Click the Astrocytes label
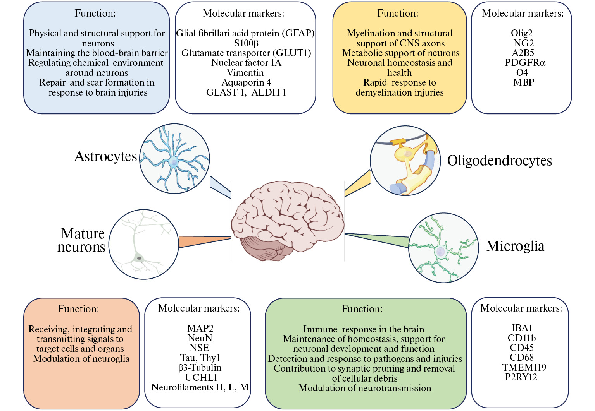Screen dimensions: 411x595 pos(105,156)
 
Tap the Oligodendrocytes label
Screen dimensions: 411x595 pos(499,161)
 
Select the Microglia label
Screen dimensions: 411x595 pos(515,246)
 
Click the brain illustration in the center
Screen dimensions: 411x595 pos(287,221)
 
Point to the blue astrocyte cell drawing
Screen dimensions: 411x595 pos(174,159)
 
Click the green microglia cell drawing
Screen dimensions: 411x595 pos(443,248)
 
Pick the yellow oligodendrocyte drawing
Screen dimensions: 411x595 pos(405,161)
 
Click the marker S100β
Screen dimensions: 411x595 pos(246,43)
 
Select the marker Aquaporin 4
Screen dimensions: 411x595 pos(246,82)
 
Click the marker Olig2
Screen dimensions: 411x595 pos(521,33)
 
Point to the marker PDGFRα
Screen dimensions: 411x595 pos(525,63)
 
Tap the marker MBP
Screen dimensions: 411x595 pos(524,82)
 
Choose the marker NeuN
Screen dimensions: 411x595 pos(200,338)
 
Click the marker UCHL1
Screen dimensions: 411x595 pos(201,377)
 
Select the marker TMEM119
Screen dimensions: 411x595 pos(524,367)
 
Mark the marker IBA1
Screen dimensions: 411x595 pos(522,328)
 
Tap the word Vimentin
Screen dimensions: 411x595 pos(245,73)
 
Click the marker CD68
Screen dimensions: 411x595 pos(521,358)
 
